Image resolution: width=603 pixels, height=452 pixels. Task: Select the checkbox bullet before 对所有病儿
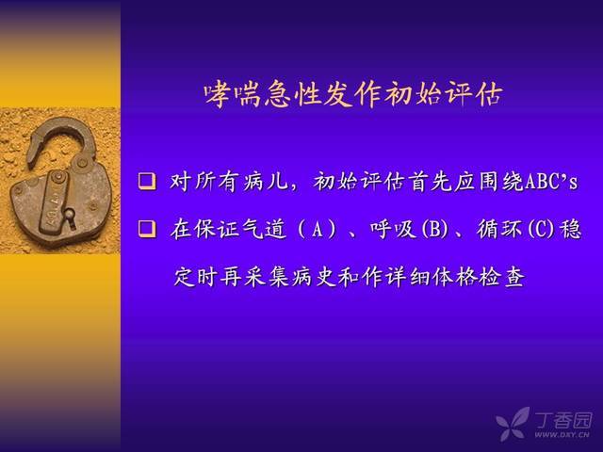(147, 181)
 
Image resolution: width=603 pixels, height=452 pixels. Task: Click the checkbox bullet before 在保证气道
(147, 229)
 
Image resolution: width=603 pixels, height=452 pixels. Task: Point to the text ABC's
(550, 182)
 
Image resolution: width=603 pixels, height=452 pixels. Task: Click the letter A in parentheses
(318, 230)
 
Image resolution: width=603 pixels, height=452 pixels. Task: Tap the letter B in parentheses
(434, 230)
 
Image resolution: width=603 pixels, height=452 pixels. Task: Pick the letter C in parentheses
(541, 230)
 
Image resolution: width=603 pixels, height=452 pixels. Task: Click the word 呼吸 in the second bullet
(394, 229)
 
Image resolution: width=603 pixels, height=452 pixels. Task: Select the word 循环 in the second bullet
(500, 229)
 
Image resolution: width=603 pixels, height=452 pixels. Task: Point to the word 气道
(265, 229)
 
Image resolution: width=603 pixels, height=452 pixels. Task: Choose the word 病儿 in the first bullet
(266, 182)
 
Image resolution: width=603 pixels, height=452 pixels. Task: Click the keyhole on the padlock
(70, 217)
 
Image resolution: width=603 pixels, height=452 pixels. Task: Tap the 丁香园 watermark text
(563, 420)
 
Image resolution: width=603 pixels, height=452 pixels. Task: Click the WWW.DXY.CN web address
(562, 435)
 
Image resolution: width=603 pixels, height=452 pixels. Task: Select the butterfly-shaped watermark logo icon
(513, 424)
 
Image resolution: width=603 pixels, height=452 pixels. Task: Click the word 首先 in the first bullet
(432, 182)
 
